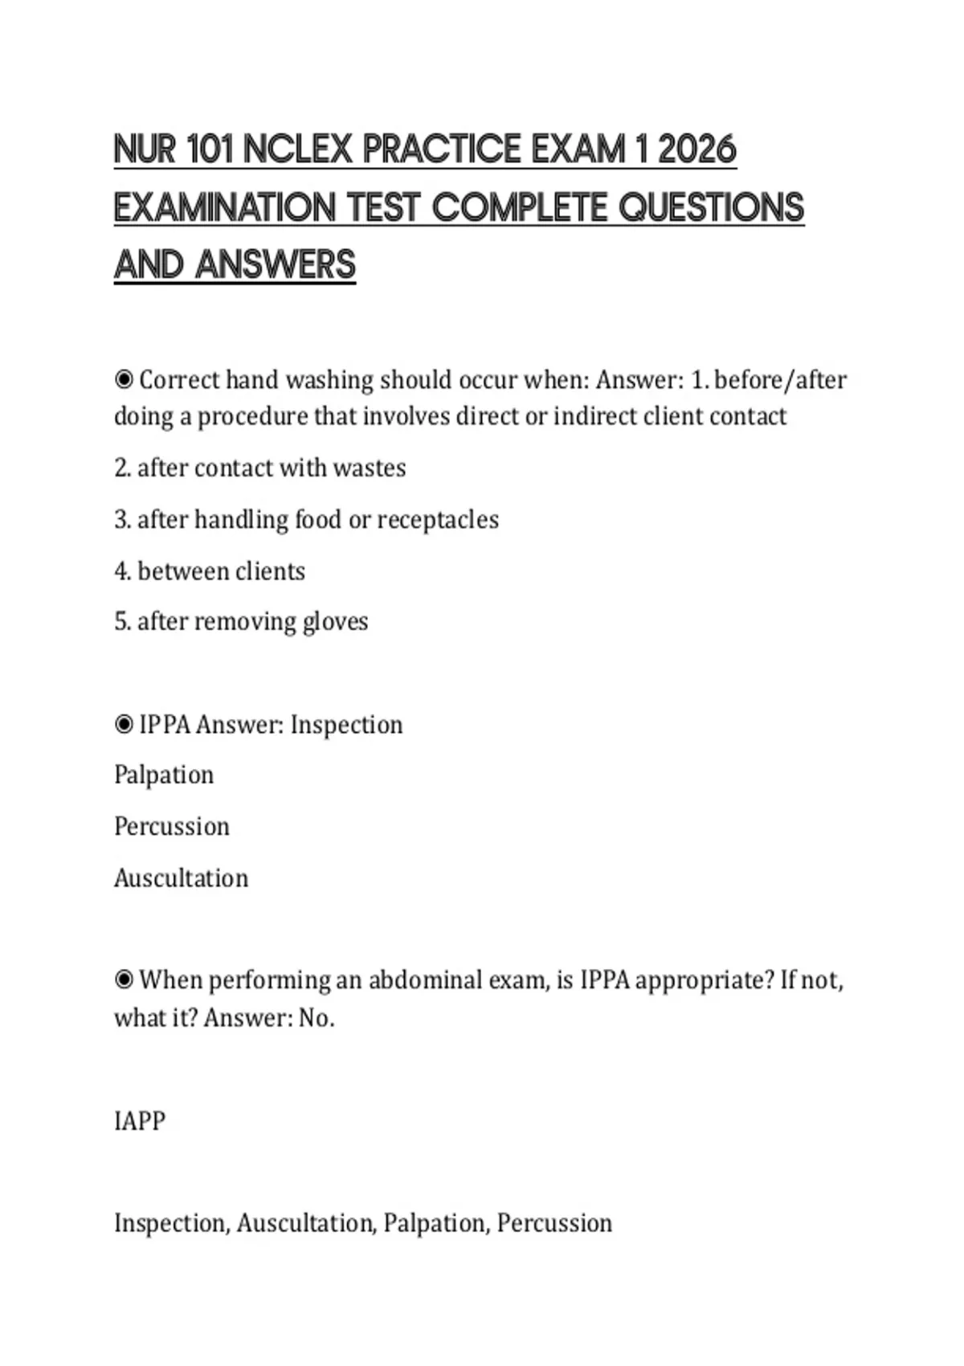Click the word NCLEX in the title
point(297,150)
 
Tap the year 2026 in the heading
point(696,150)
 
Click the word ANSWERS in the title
point(275,265)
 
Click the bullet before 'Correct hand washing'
point(124,379)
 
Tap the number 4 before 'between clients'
point(121,571)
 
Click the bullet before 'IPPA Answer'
point(124,725)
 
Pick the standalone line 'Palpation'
point(164,775)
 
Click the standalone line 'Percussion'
point(172,827)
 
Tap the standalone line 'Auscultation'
point(181,878)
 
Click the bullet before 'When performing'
point(124,980)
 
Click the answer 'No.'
point(317,1018)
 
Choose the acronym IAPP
point(140,1121)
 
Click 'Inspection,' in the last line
point(172,1223)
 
